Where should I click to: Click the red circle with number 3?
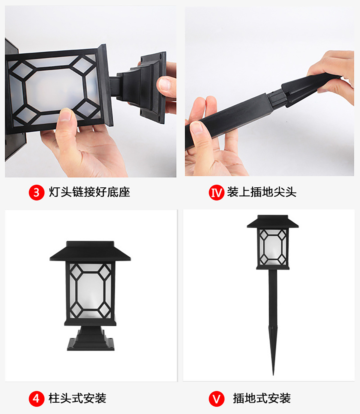[x=36, y=192]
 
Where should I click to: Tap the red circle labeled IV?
[x=217, y=192]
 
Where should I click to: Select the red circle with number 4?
[x=36, y=399]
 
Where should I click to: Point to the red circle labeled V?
[x=217, y=399]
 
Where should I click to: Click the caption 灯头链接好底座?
[x=89, y=192]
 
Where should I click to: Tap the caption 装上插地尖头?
[x=262, y=192]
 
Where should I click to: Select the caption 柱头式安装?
[x=77, y=398]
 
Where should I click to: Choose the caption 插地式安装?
[x=262, y=398]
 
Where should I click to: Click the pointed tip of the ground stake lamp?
[x=273, y=375]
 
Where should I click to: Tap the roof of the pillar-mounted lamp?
[x=90, y=251]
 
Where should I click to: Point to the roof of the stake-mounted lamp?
[x=273, y=222]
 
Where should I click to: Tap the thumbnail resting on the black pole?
[x=196, y=128]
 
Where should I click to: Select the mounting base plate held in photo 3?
[x=153, y=87]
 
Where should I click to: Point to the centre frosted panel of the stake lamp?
[x=273, y=247]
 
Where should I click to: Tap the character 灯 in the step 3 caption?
[x=54, y=192]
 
